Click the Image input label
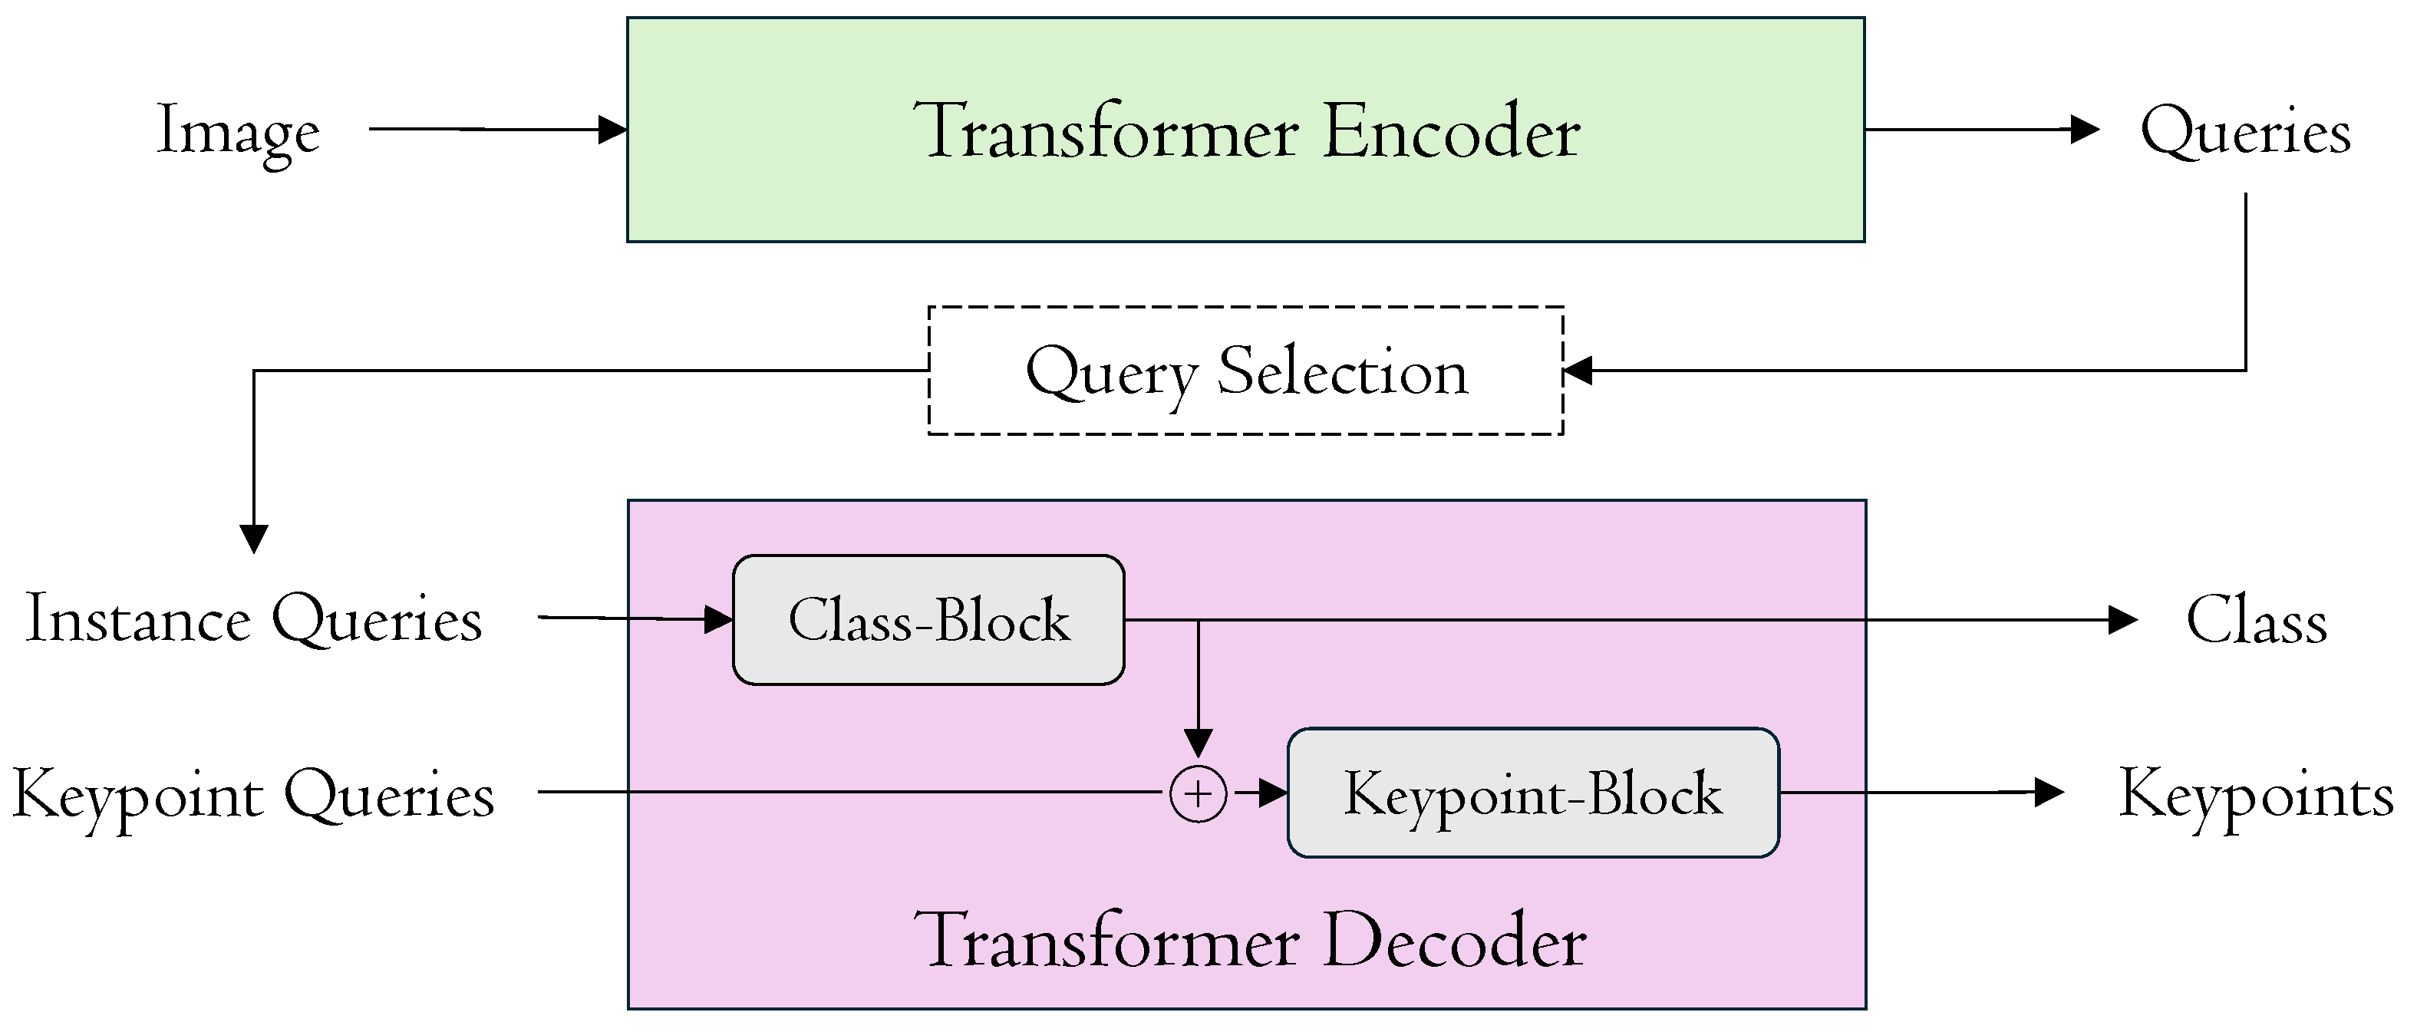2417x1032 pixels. pos(239,131)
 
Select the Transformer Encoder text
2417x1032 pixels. pos(1246,131)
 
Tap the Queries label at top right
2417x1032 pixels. pos(2244,131)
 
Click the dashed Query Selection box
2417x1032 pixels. pos(1246,371)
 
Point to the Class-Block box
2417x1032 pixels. pos(928,620)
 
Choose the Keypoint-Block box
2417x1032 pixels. pos(1532,793)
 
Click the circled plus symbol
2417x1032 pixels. pos(1199,795)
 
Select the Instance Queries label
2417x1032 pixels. pos(253,619)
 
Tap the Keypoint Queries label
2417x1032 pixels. pos(253,795)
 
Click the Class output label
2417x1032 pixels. pos(2256,620)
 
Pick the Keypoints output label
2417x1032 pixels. pos(2256,795)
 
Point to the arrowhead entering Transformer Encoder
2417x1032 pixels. pos(614,130)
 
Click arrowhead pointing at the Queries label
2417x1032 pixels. pos(2085,130)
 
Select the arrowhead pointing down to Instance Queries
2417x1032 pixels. pos(254,539)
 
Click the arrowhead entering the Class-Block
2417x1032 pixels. pos(719,619)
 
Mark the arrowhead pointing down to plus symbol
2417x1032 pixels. pos(1199,743)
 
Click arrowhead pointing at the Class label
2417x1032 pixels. pos(2122,619)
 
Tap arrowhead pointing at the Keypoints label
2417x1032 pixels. pos(2049,793)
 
